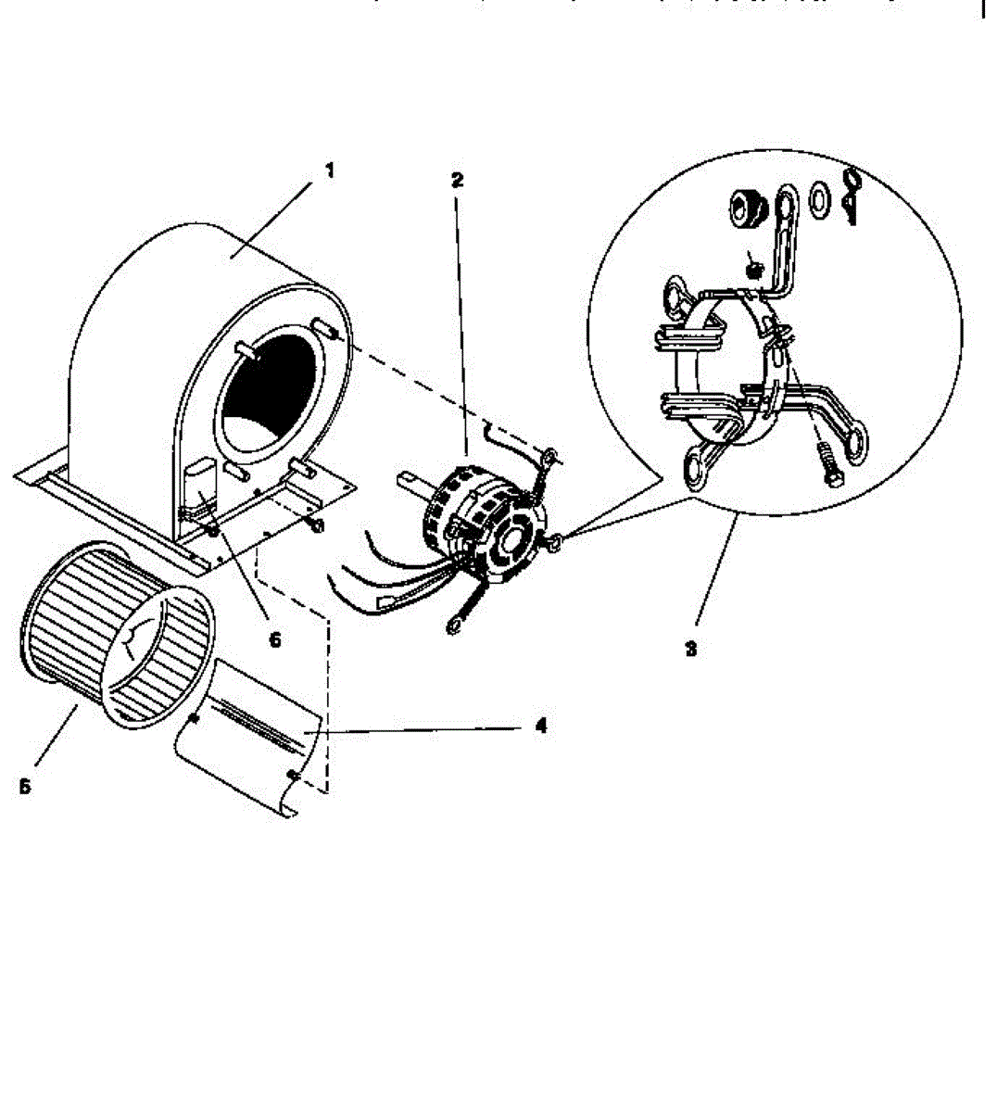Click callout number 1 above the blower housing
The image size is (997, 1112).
pos(329,171)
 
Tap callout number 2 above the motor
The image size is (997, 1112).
pos(457,180)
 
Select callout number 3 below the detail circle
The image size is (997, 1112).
pos(690,650)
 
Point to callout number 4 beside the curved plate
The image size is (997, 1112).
pos(541,726)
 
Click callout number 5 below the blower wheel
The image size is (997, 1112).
pos(25,786)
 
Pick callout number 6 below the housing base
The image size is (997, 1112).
pos(274,640)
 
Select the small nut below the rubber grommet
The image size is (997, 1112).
pos(753,270)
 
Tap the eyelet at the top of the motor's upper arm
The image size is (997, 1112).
pos(550,455)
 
